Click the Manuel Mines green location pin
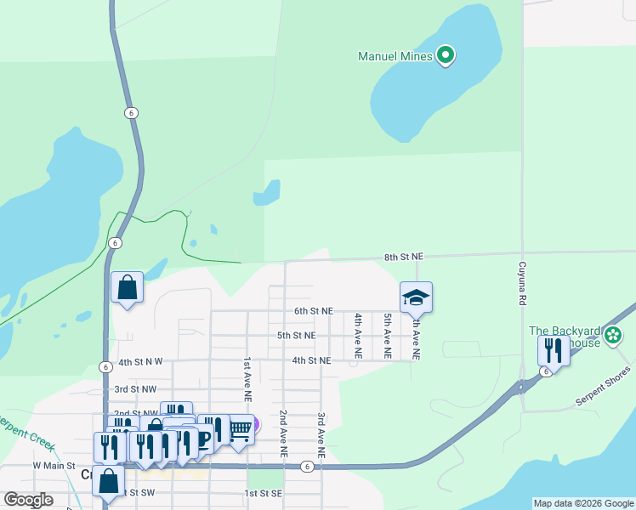click(446, 57)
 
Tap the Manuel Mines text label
click(395, 58)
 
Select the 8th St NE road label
click(403, 256)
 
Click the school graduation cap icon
click(416, 297)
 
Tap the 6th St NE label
click(314, 312)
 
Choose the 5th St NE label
click(297, 336)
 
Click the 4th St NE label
click(310, 360)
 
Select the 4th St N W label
click(140, 362)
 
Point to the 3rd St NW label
click(135, 388)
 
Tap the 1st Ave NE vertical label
click(248, 379)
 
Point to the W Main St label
click(54, 467)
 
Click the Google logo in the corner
click(28, 500)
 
